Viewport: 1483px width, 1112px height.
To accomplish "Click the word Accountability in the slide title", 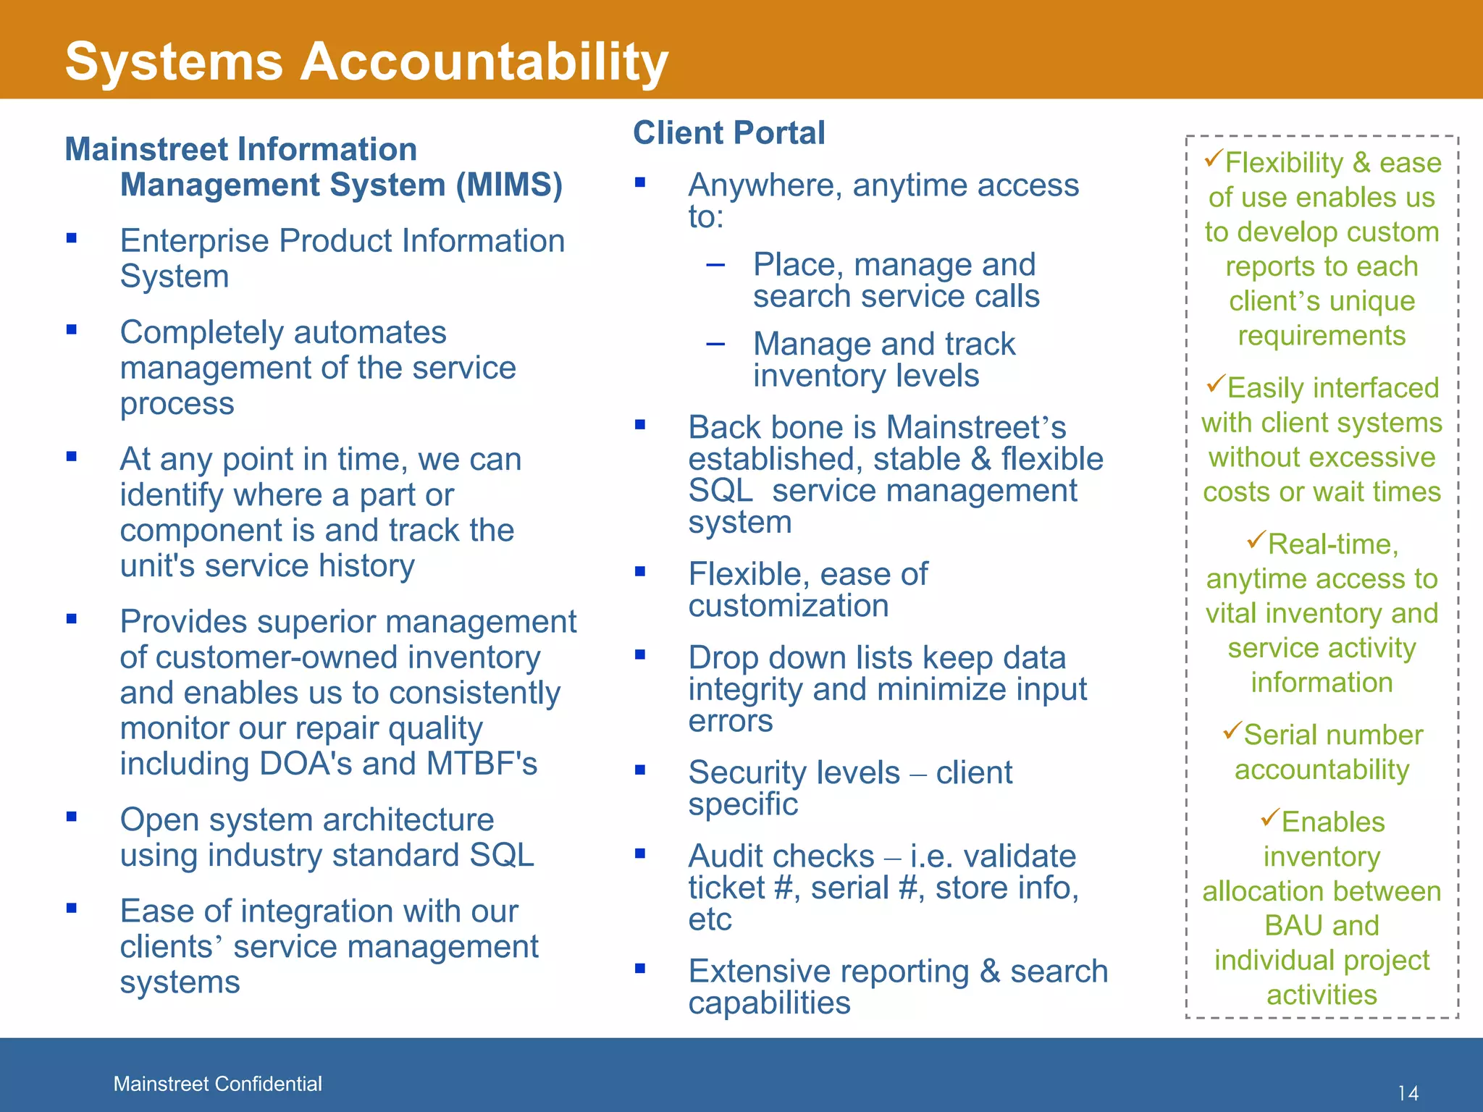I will click(x=484, y=61).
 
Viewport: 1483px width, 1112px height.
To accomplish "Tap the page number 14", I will click(x=1408, y=1093).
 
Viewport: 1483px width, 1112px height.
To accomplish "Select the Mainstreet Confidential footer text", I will click(x=217, y=1084).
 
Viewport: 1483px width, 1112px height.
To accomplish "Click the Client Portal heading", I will click(x=728, y=133).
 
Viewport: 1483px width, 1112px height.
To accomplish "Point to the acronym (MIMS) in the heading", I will click(x=509, y=185).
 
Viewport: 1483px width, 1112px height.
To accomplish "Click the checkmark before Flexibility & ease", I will click(x=1214, y=159).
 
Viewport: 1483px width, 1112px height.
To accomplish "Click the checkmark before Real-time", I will click(x=1256, y=540).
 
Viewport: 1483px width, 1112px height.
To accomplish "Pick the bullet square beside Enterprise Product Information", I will click(x=71, y=237).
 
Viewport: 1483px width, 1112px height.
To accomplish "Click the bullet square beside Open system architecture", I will click(x=71, y=817).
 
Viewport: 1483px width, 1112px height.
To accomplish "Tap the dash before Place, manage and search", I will click(x=715, y=265).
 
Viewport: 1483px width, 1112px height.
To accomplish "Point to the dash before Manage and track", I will click(x=715, y=345).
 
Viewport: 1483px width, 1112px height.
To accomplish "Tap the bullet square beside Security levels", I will click(x=640, y=770).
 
